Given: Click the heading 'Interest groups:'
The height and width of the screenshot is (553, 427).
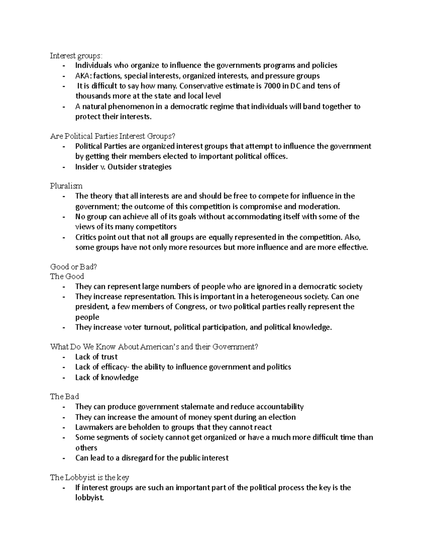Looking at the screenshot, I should (x=76, y=56).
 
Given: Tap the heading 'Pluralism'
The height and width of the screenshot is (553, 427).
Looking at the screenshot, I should (x=66, y=186).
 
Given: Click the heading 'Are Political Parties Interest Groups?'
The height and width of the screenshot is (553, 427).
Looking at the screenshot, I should (x=113, y=136).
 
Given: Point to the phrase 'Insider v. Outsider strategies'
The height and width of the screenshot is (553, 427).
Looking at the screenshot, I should (x=123, y=167).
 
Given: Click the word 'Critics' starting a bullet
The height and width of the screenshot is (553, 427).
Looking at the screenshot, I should (x=86, y=237).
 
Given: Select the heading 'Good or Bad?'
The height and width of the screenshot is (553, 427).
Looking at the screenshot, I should (x=74, y=266).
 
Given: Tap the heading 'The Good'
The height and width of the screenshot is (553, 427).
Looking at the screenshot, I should (x=67, y=276).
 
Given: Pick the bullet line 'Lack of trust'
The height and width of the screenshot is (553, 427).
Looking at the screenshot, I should (x=96, y=357).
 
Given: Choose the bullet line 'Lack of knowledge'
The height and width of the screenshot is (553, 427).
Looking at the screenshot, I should (x=106, y=377).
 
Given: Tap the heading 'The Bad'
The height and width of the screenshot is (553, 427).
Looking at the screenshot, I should (x=64, y=396).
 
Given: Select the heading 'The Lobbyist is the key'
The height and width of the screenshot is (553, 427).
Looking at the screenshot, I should (x=89, y=478).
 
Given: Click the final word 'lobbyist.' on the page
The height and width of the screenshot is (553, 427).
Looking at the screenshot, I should (x=90, y=498).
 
